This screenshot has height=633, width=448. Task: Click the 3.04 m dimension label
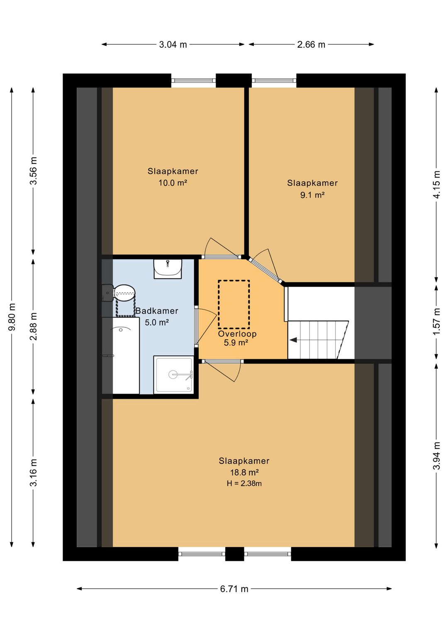tap(173, 44)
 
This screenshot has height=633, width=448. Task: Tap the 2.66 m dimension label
tap(311, 44)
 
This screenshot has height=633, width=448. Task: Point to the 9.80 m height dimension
tap(12, 316)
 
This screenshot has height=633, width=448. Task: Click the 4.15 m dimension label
tap(436, 185)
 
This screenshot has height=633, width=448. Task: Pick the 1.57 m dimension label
tap(436, 321)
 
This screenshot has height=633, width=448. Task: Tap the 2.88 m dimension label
tap(33, 326)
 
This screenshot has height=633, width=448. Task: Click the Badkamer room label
tap(157, 311)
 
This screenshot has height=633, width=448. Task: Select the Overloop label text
tap(237, 334)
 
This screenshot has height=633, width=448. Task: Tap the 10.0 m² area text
tap(173, 183)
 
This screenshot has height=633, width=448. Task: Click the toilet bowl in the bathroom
tap(124, 292)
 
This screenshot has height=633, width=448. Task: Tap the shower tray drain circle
tap(173, 375)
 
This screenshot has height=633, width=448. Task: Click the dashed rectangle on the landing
tap(234, 304)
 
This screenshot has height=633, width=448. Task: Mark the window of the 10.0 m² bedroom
tap(194, 80)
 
